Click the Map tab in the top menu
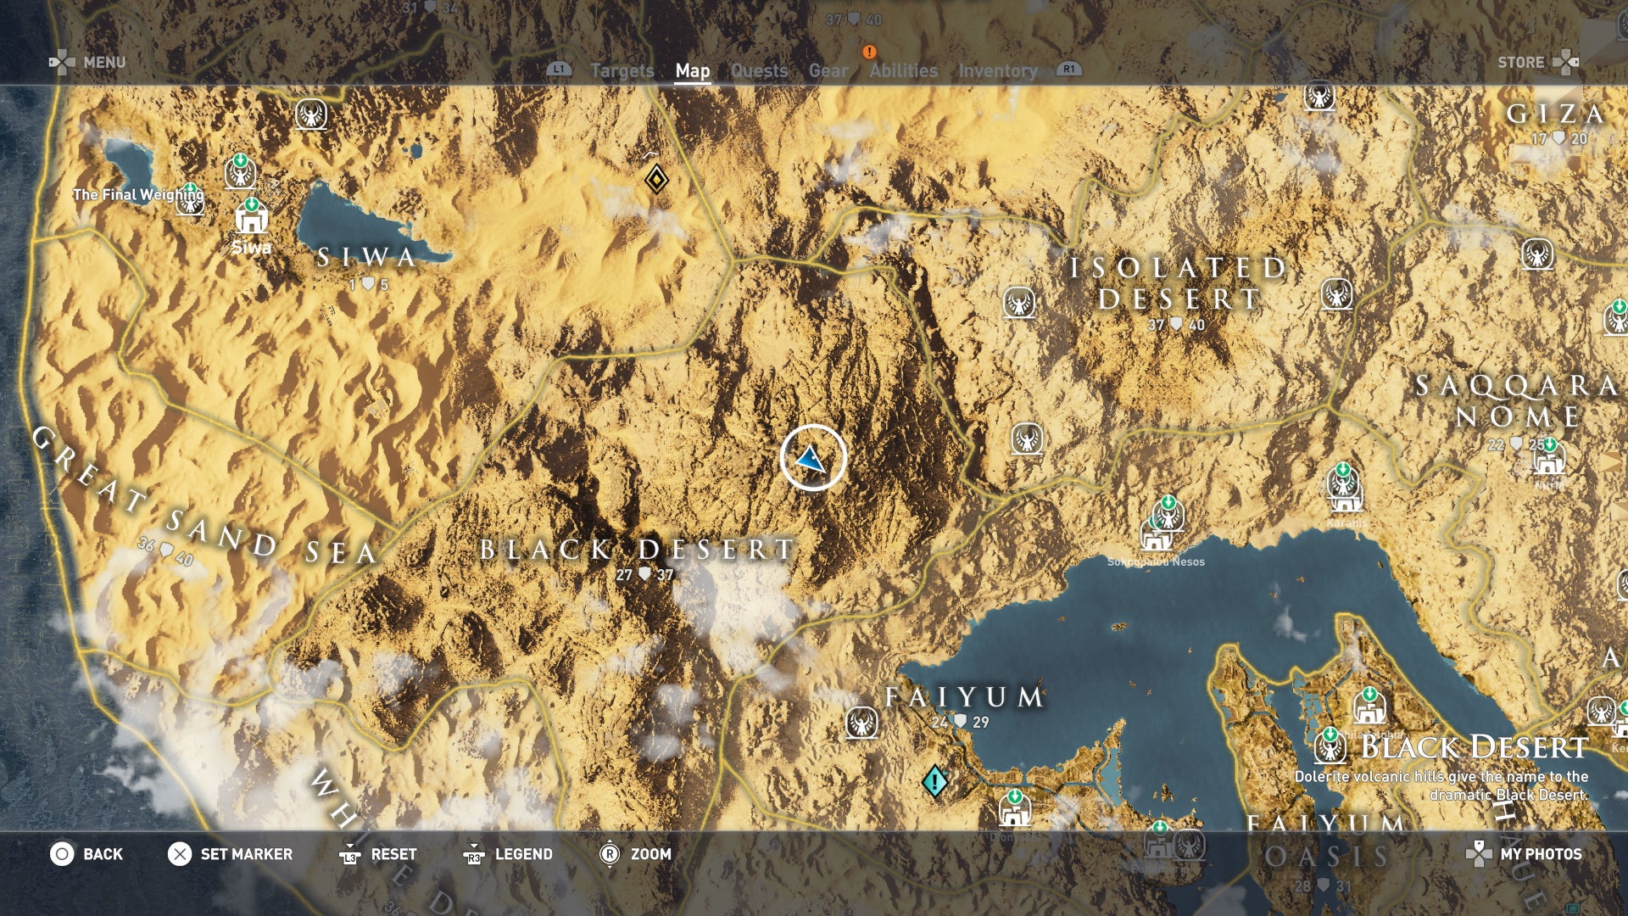click(692, 71)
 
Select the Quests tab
click(759, 71)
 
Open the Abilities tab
click(903, 71)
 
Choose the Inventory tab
click(997, 71)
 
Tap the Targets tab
click(622, 71)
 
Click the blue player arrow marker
click(811, 459)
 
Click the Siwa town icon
click(251, 220)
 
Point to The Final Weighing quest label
click(137, 194)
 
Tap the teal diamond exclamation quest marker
click(934, 780)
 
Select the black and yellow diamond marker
click(655, 179)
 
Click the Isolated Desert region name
click(1178, 283)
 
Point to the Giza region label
click(1555, 114)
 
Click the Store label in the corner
click(1520, 62)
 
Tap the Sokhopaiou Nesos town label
click(1156, 561)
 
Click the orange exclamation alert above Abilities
click(868, 52)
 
